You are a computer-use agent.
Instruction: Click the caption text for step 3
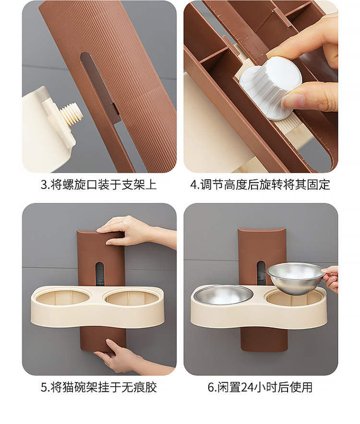tap(99, 185)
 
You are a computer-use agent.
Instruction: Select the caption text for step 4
tap(260, 185)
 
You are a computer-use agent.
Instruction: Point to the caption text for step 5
tap(99, 387)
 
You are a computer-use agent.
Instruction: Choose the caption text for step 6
tap(260, 387)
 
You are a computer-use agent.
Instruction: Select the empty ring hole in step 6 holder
tap(295, 299)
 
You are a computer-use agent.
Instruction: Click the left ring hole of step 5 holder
tap(63, 297)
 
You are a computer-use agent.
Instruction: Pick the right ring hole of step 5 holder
tap(131, 297)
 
